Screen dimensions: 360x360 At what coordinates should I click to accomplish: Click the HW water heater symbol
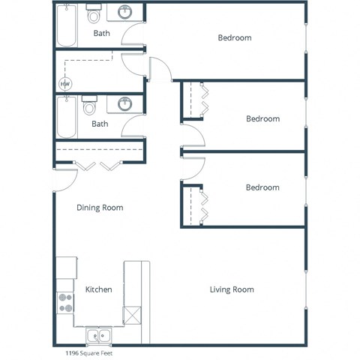pos(65,83)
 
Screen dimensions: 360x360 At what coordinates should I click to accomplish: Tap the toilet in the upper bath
pos(93,14)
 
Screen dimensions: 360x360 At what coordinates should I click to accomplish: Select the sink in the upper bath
pos(124,13)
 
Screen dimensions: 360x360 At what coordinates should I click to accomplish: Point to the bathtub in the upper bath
pos(66,26)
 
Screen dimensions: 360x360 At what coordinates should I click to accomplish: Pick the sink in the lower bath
pos(124,104)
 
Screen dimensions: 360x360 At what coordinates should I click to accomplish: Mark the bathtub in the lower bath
pos(66,118)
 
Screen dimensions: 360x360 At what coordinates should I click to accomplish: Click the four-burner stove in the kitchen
pos(66,301)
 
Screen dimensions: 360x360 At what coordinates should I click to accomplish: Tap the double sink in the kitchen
pos(98,335)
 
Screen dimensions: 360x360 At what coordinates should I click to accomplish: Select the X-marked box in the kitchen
pos(132,314)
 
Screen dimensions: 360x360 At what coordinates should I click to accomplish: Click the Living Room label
pos(232,289)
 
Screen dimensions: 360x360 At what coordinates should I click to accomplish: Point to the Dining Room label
pos(100,208)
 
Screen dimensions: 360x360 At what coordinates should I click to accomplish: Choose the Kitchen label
pos(99,289)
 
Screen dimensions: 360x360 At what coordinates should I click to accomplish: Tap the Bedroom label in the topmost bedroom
pos(235,37)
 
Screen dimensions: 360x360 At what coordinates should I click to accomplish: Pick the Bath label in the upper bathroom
pos(100,33)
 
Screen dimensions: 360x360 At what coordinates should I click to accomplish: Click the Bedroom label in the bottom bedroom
pos(262,187)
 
